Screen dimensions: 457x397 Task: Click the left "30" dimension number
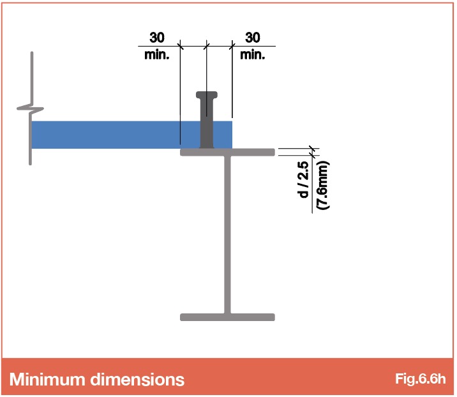(x=157, y=38)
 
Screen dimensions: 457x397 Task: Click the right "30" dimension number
(x=253, y=38)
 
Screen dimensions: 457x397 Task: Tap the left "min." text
(x=157, y=54)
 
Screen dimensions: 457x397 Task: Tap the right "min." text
(x=252, y=54)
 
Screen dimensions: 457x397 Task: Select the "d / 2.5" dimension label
(x=303, y=180)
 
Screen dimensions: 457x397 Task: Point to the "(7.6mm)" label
(x=323, y=185)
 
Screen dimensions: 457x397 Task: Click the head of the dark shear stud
(x=207, y=95)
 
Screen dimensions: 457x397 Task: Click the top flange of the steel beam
(x=227, y=152)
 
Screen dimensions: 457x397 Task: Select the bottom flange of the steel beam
(x=227, y=317)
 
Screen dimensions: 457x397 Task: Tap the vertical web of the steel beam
(x=227, y=235)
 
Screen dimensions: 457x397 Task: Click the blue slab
(x=131, y=135)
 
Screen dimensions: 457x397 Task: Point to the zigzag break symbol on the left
(x=30, y=109)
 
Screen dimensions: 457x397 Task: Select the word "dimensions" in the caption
(x=137, y=379)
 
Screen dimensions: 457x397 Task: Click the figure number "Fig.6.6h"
(x=420, y=378)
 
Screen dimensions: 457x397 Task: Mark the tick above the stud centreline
(x=206, y=46)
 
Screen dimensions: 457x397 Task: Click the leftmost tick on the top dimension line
(x=180, y=46)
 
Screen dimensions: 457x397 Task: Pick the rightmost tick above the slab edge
(x=232, y=46)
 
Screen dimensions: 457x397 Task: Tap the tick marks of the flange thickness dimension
(x=313, y=152)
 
